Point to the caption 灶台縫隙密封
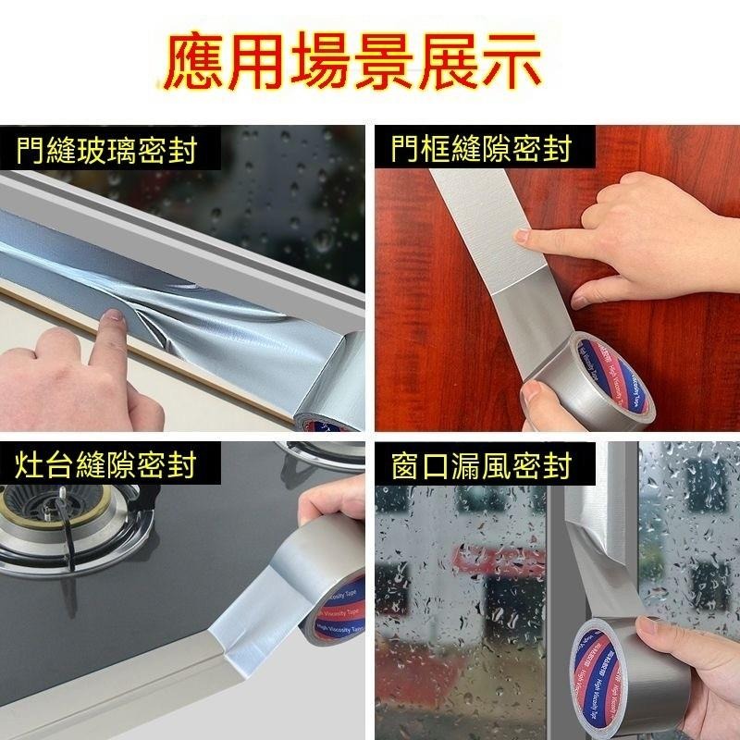tap(107, 465)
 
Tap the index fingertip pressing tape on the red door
tap(525, 239)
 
